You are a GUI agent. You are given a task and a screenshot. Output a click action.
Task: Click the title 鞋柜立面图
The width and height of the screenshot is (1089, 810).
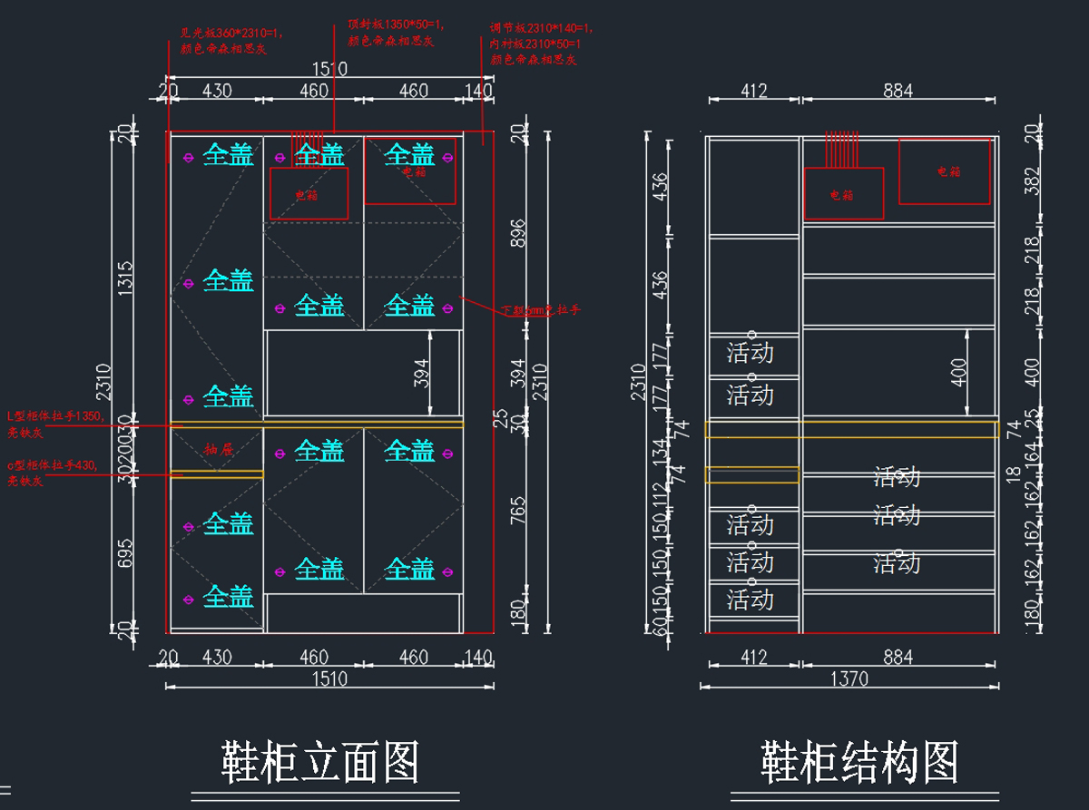320,762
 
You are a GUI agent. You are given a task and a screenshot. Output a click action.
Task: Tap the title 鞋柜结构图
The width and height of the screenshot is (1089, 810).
859,762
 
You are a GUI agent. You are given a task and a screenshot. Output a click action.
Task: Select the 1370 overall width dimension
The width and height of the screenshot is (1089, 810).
849,678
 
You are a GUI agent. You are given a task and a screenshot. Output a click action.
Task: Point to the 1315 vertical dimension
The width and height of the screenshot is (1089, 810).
125,278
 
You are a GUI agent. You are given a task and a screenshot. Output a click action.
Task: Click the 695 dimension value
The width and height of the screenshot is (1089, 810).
125,552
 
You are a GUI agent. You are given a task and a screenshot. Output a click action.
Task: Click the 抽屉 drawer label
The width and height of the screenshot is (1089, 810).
219,449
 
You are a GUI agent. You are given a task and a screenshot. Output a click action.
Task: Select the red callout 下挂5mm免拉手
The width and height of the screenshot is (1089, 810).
541,310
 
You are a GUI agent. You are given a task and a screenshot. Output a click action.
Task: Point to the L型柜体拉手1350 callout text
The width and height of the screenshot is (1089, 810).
54,421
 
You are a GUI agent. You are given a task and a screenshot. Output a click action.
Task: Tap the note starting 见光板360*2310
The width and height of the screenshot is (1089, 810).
231,40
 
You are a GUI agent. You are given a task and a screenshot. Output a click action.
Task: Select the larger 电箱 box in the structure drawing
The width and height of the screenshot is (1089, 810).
944,171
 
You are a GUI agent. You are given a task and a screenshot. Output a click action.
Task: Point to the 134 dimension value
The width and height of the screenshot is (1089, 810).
660,448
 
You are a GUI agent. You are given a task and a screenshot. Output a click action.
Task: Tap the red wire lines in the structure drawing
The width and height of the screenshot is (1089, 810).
841,150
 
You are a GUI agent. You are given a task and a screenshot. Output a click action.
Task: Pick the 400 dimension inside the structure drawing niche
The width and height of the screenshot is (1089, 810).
959,372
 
